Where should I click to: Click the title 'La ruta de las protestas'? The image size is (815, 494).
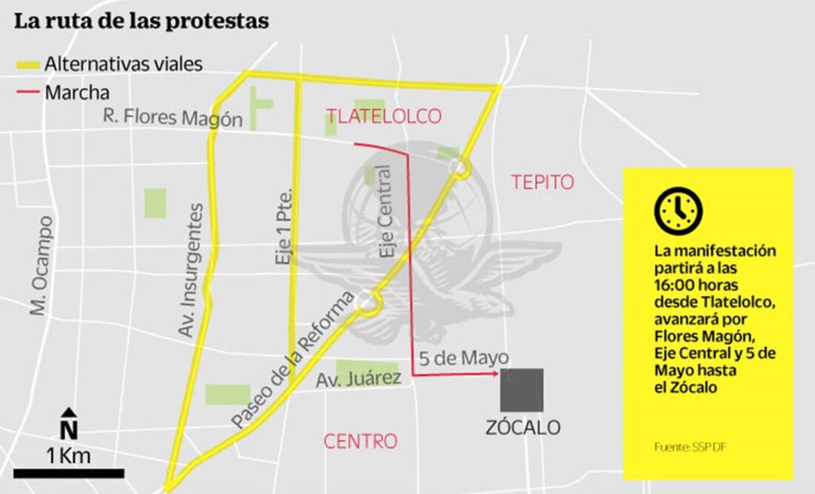click(x=142, y=22)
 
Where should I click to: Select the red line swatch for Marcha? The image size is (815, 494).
click(x=28, y=93)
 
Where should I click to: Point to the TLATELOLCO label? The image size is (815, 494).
click(x=384, y=116)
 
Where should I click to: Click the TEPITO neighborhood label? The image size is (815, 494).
click(x=542, y=182)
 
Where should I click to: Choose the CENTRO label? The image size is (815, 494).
click(x=360, y=441)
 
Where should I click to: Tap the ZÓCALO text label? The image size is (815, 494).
click(x=523, y=428)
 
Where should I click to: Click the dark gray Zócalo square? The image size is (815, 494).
click(x=522, y=390)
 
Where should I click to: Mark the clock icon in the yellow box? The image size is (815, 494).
click(x=678, y=211)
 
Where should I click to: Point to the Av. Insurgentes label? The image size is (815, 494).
click(x=192, y=271)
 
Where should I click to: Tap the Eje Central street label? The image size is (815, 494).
click(x=388, y=211)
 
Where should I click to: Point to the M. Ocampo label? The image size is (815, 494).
click(x=41, y=265)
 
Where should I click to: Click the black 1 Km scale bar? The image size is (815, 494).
click(x=68, y=472)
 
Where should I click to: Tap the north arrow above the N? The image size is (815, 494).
click(x=68, y=413)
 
